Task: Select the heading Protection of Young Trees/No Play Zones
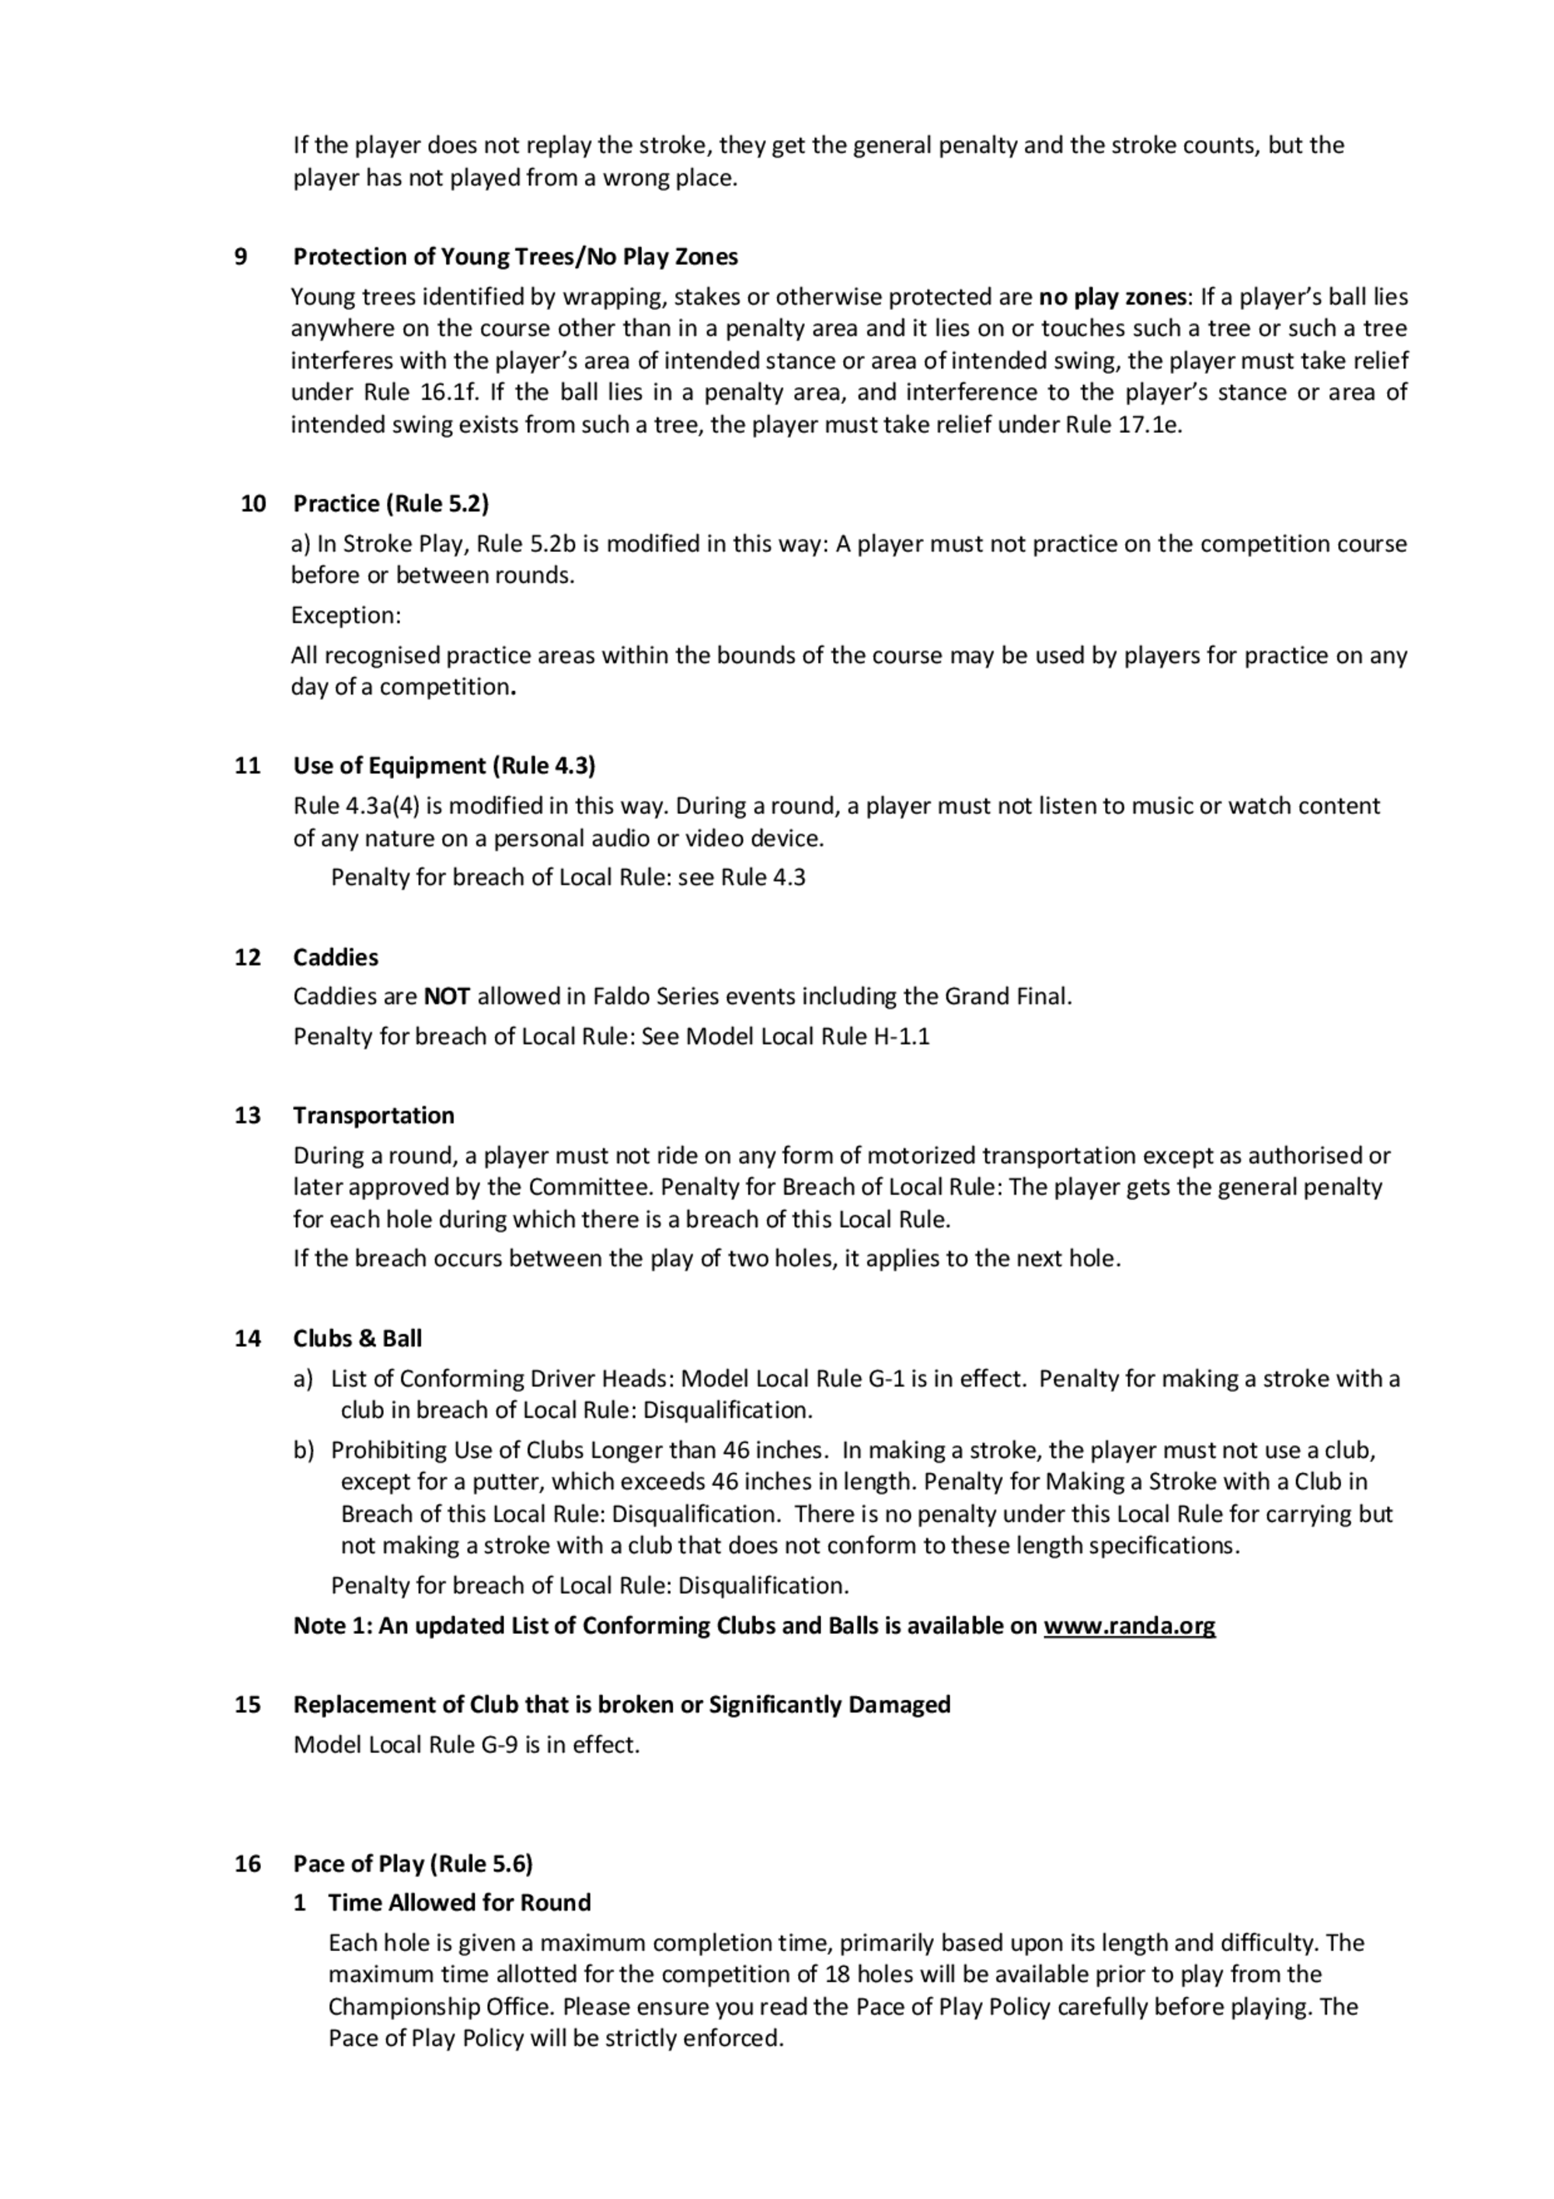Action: (515, 257)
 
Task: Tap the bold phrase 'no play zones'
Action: (1112, 297)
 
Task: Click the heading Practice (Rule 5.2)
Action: (391, 504)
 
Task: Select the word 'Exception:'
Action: (346, 615)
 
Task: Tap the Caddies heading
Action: (335, 957)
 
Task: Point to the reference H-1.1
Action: (901, 1036)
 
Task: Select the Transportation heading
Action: (374, 1115)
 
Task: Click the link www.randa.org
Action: (1129, 1625)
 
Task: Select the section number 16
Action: (247, 1863)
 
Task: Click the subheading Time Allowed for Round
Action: (458, 1902)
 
